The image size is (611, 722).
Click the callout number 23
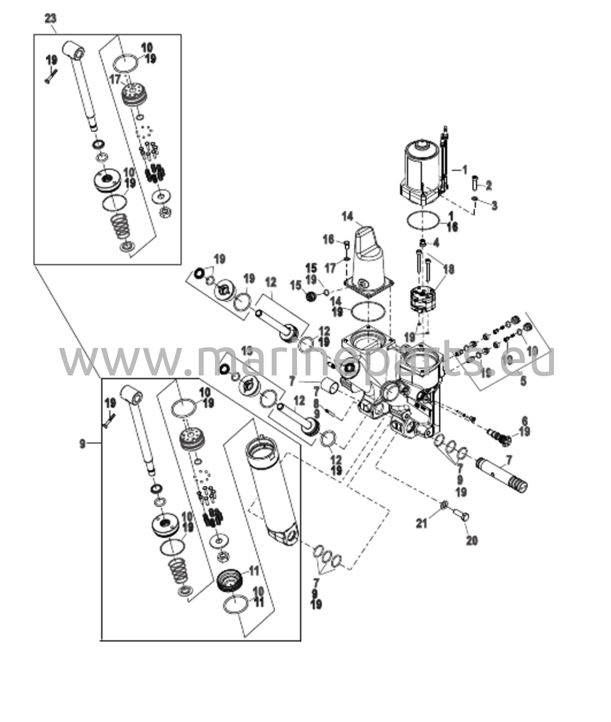[x=50, y=18]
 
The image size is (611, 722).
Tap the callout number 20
[x=472, y=540]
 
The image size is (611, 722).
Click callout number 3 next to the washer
[x=494, y=206]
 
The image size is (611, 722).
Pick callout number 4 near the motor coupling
[x=436, y=243]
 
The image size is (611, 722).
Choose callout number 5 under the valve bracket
[x=523, y=381]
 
